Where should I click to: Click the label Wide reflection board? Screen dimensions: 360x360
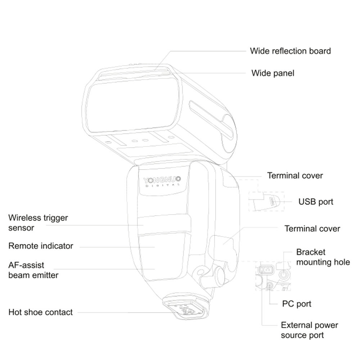click(290, 51)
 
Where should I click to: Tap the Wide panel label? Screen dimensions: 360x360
click(273, 73)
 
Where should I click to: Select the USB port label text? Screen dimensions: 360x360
click(316, 202)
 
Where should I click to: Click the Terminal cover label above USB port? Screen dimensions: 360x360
click(295, 176)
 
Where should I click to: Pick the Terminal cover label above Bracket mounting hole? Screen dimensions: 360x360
click(312, 229)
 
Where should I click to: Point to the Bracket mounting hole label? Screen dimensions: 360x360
click(323, 257)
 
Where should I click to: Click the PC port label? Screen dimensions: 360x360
click(297, 304)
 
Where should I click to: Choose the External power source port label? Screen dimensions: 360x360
click(309, 330)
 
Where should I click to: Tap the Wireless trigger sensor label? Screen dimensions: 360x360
click(38, 223)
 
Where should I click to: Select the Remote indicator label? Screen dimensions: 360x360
click(41, 246)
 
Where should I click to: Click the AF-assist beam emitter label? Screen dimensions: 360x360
click(33, 270)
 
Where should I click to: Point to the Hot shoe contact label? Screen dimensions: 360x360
click(40, 312)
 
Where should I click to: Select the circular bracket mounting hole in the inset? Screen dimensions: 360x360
click(284, 275)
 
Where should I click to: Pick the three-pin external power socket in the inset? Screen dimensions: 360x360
click(266, 270)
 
